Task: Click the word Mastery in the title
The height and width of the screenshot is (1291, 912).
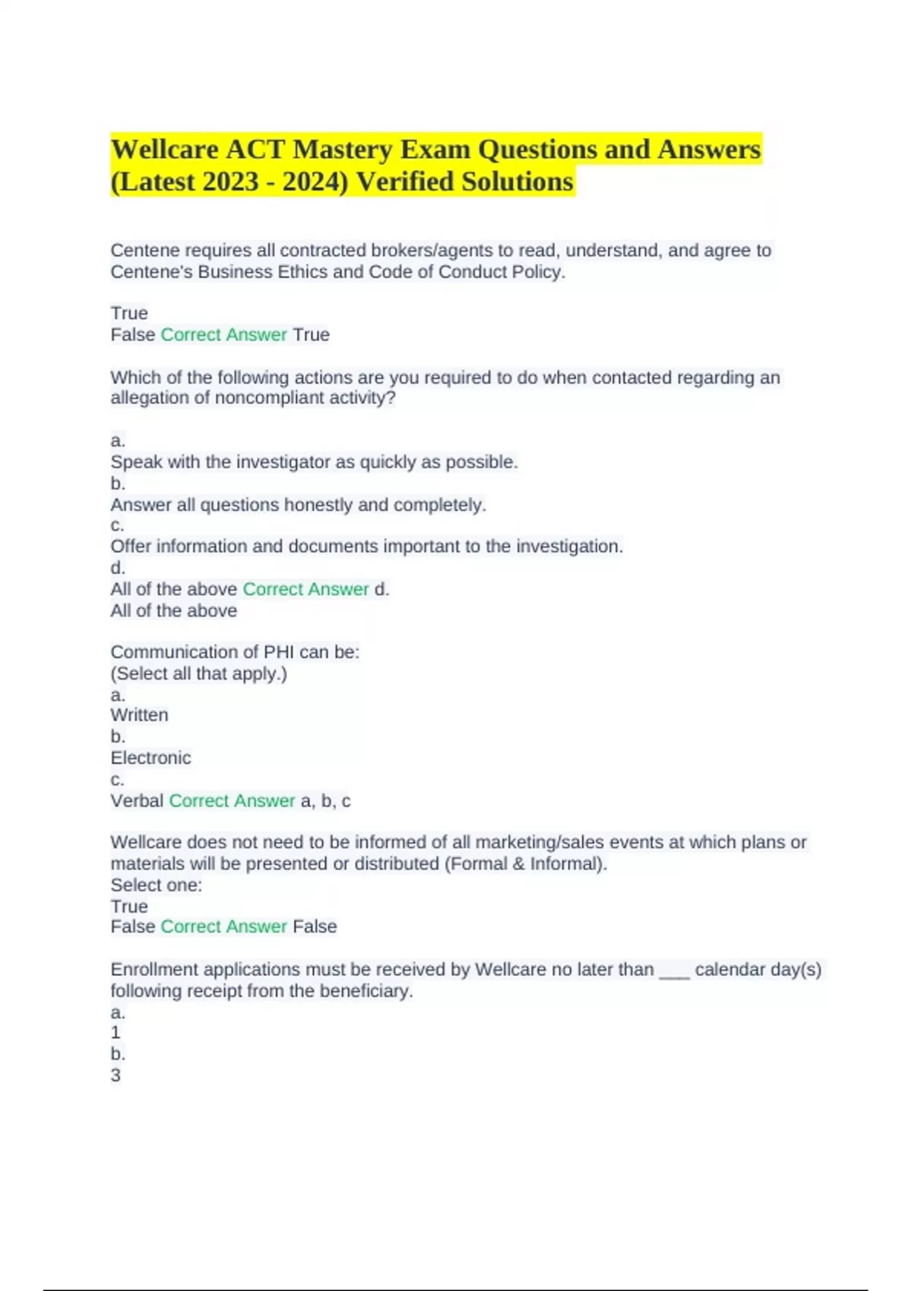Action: click(343, 150)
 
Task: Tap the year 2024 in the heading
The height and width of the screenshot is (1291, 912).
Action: click(312, 182)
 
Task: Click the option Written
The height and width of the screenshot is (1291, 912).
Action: click(139, 715)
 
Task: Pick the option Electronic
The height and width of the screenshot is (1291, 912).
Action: click(150, 758)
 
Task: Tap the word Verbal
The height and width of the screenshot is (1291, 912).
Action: click(137, 800)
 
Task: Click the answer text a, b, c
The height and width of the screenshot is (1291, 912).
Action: click(325, 800)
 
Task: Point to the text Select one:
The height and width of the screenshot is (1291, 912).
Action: click(156, 885)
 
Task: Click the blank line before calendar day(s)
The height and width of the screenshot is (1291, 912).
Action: click(674, 972)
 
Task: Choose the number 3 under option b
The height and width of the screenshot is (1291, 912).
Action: click(116, 1075)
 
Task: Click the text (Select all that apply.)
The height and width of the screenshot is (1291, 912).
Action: click(198, 674)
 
